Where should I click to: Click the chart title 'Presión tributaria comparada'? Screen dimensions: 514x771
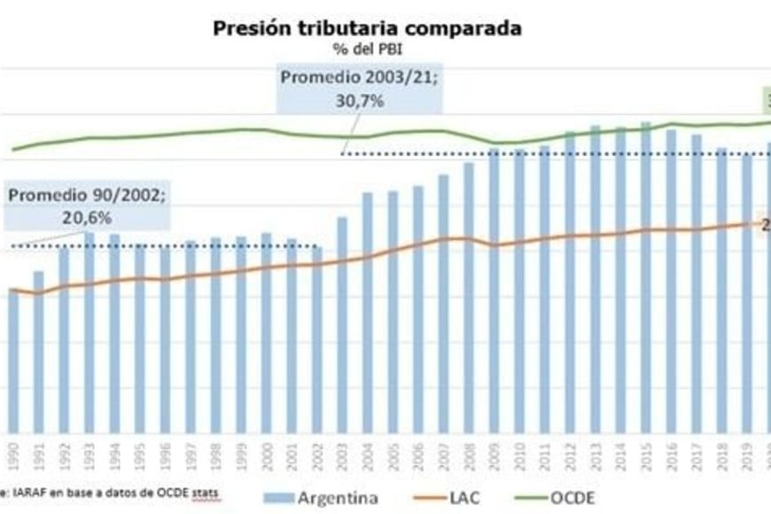367,27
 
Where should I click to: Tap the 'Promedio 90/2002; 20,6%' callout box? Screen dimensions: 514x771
86,206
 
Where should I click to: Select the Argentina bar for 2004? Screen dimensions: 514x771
367,310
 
